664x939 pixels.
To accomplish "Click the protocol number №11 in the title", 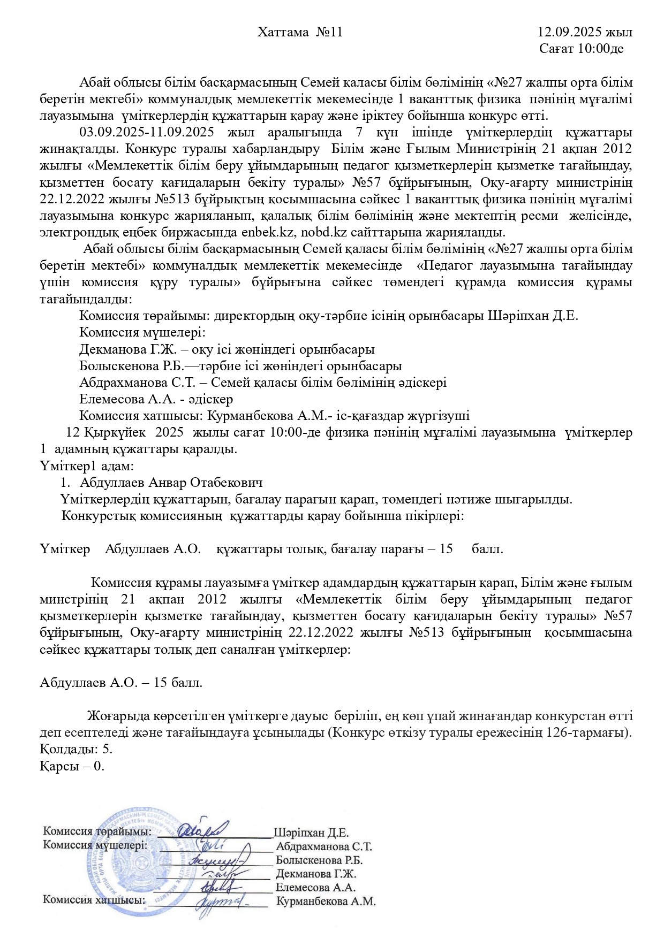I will point(329,33).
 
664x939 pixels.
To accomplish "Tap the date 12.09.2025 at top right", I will point(570,33).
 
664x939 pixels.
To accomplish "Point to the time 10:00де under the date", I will point(599,49).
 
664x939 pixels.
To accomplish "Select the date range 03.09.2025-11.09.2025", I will point(147,133).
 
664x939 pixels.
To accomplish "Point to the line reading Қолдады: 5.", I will point(76,749).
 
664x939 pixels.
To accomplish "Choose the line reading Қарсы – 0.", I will point(72,766).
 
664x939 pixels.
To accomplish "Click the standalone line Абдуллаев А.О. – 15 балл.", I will point(121,683).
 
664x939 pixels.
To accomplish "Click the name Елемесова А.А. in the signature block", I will point(316,887).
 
